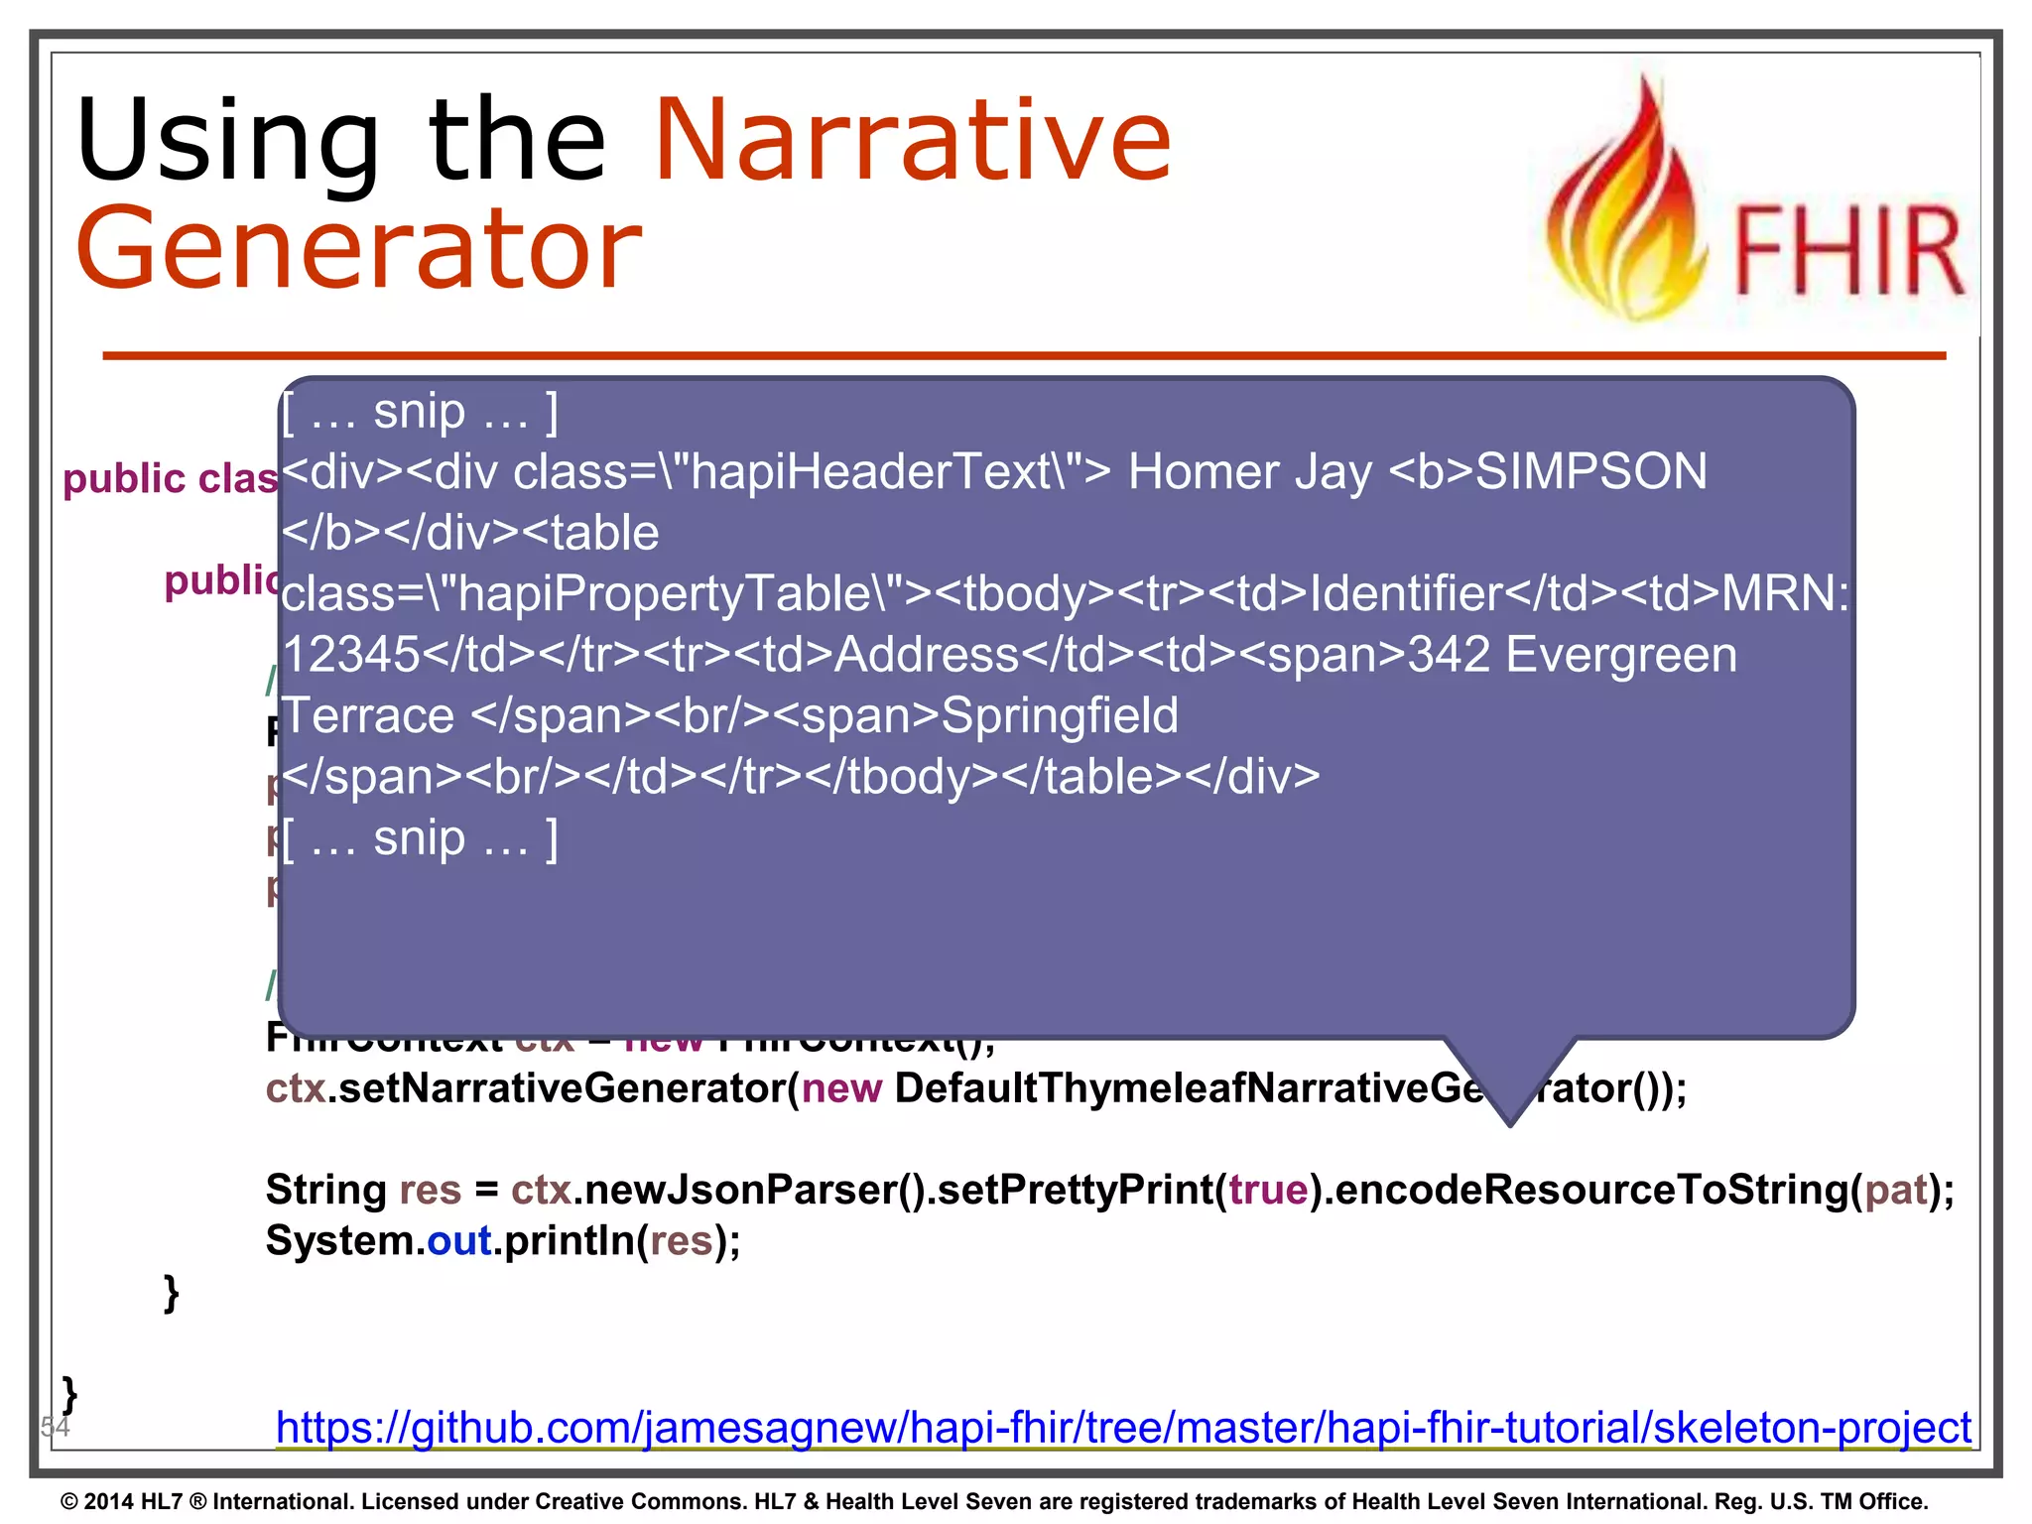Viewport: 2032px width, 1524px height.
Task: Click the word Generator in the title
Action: click(x=359, y=248)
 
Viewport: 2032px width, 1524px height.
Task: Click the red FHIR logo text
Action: click(x=1847, y=252)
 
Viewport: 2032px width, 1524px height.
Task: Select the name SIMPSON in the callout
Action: click(x=1590, y=471)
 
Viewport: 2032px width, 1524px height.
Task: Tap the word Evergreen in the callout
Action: click(x=1621, y=655)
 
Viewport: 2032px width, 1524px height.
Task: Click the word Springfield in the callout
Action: click(x=1059, y=715)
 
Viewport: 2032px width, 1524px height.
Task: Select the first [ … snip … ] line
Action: click(x=420, y=411)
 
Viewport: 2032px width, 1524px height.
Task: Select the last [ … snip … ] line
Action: click(x=420, y=838)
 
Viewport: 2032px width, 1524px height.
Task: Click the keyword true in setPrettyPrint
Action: click(x=1268, y=1190)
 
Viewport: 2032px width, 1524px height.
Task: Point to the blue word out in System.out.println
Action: click(x=459, y=1241)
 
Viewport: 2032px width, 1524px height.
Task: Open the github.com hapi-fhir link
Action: click(x=1122, y=1428)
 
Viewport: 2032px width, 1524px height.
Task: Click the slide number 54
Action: click(x=55, y=1427)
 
